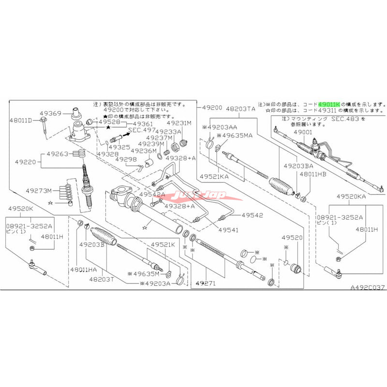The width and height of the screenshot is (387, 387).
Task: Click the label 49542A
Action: pyautogui.click(x=152, y=194)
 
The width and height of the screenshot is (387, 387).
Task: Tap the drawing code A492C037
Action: pyautogui.click(x=368, y=287)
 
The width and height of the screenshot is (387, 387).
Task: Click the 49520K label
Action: pyautogui.click(x=22, y=208)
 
